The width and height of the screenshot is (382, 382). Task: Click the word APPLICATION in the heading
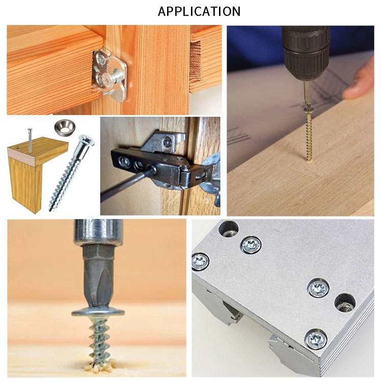point(199,11)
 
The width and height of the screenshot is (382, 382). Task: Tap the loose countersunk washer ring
point(64,127)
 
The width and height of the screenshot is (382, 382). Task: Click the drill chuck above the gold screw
point(306,53)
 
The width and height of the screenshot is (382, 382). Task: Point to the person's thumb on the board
point(358,87)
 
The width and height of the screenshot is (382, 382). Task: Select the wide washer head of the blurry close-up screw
point(98,312)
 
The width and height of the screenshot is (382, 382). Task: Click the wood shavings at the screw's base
point(99,366)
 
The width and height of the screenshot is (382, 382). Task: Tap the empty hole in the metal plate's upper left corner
point(229,229)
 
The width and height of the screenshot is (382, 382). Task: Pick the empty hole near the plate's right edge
point(345,303)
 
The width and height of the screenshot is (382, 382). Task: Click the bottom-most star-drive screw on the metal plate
point(315,339)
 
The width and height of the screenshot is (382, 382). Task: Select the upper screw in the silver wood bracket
point(101,59)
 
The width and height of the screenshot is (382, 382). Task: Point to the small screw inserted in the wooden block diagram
point(30,141)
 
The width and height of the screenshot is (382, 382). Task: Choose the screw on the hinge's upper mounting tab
point(167,143)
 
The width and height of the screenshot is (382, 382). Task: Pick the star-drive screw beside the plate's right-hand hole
point(318,288)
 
